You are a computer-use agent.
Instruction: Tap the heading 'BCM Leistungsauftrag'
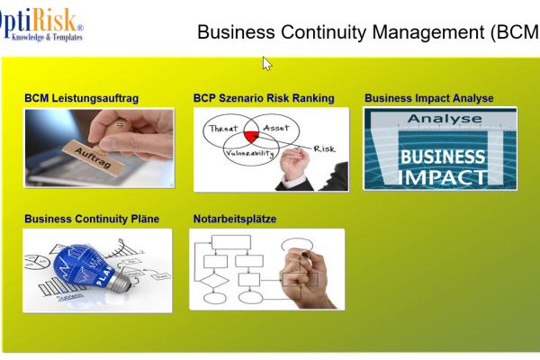pyautogui.click(x=81, y=98)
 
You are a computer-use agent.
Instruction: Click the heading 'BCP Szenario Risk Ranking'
pyautogui.click(x=264, y=98)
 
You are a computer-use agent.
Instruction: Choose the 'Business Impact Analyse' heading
pyautogui.click(x=428, y=98)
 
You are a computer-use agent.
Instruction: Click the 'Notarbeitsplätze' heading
pyautogui.click(x=234, y=219)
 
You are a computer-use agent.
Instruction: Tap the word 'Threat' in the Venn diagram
pyautogui.click(x=223, y=130)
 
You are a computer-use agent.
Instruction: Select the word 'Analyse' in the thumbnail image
pyautogui.click(x=438, y=118)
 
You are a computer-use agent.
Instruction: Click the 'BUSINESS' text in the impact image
pyautogui.click(x=442, y=157)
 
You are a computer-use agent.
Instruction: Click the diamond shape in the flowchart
pyautogui.click(x=214, y=297)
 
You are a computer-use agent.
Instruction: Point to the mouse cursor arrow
pyautogui.click(x=265, y=62)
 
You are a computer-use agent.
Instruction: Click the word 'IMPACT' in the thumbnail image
pyautogui.click(x=442, y=176)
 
